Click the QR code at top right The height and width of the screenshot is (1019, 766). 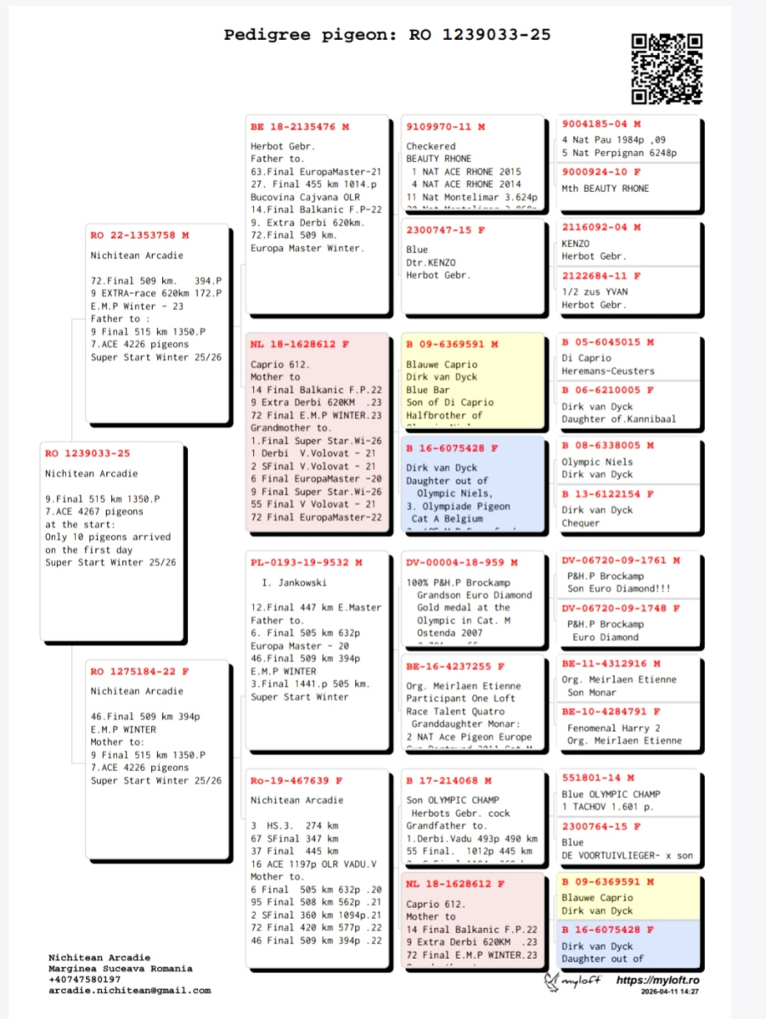667,68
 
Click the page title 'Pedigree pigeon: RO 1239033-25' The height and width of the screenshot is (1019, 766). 387,35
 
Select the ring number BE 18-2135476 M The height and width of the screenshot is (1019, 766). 299,127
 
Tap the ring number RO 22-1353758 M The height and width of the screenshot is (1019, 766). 139,235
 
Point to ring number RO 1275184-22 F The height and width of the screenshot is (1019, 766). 139,672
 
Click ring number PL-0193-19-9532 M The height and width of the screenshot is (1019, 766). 306,562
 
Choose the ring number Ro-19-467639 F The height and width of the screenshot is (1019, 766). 296,780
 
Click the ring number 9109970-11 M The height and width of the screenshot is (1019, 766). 445,127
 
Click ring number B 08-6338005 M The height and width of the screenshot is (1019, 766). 607,445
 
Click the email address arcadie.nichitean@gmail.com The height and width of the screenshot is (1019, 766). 129,990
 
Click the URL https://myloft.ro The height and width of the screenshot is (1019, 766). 657,981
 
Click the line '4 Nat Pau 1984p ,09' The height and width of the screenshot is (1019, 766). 613,140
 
